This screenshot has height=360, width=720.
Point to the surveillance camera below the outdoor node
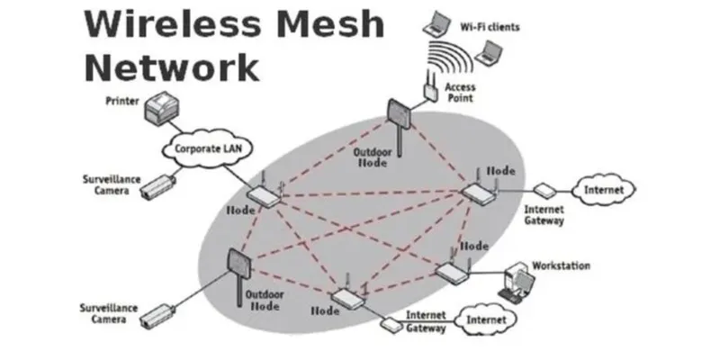click(x=157, y=314)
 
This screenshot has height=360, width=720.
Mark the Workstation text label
click(x=561, y=265)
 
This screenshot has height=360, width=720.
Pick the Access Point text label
click(x=459, y=92)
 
